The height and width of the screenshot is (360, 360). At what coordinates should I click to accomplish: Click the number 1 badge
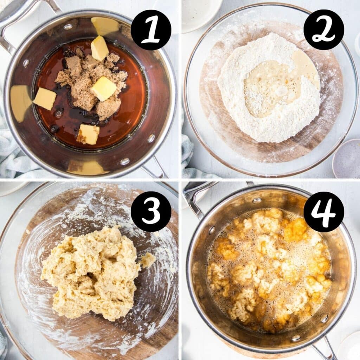[151, 30]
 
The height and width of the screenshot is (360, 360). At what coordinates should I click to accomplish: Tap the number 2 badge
[323, 30]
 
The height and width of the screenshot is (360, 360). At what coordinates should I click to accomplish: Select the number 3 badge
[151, 211]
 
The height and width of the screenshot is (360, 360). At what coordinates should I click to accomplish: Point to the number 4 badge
[323, 211]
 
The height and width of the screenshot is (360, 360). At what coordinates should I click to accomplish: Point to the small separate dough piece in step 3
[148, 260]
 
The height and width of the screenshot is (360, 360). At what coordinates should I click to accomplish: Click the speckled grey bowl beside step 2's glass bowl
[347, 158]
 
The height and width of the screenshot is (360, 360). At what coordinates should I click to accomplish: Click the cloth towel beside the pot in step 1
[14, 158]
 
